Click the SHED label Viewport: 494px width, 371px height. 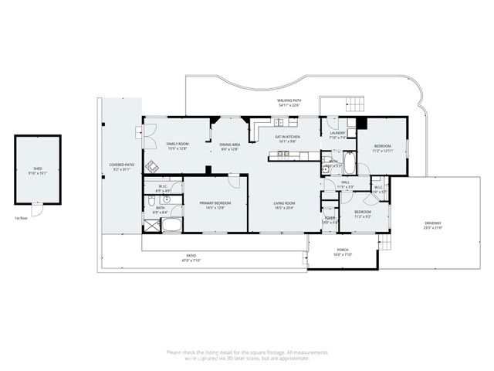tap(37, 168)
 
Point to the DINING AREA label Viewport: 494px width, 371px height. tap(229, 145)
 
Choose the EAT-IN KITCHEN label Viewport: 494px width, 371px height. tap(288, 138)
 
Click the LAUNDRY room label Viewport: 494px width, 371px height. tap(337, 134)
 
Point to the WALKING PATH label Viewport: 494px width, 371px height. tap(289, 101)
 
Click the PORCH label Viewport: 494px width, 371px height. tap(342, 250)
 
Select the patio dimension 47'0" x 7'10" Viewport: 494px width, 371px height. tap(191, 260)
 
